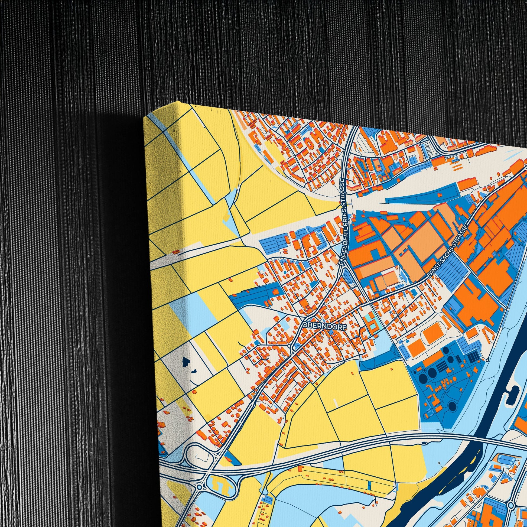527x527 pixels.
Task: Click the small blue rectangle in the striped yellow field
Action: (370, 484)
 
